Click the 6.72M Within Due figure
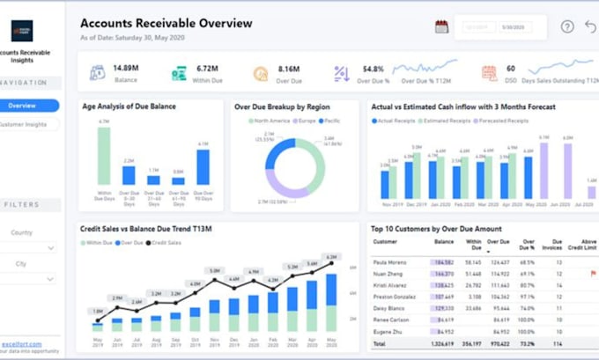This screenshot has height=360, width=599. [x=208, y=68]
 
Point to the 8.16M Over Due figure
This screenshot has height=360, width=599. [x=290, y=68]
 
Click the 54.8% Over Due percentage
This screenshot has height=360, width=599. [x=373, y=68]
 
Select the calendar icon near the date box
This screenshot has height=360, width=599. [x=441, y=26]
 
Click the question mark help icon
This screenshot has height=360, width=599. [x=567, y=26]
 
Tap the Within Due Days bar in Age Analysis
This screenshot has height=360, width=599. [x=104, y=155]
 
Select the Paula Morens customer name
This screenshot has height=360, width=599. [x=390, y=261]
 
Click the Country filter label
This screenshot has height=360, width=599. [x=23, y=232]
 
